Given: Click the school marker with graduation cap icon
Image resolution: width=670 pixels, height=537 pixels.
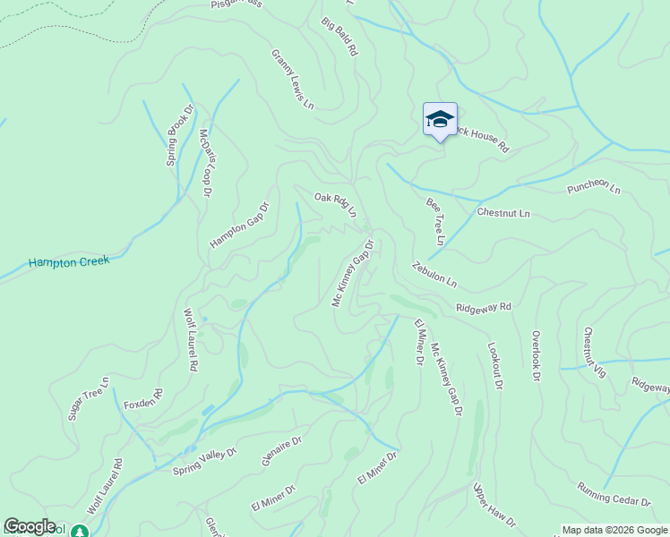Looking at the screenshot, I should coord(440,119).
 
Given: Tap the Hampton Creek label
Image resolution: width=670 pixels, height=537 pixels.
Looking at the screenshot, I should coord(68,262).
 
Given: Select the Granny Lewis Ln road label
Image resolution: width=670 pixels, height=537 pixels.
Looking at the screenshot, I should coord(293,80).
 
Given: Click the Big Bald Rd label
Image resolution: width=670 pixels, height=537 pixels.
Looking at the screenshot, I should coord(339,37).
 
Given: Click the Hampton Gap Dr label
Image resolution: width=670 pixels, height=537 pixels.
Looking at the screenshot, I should coord(239,225).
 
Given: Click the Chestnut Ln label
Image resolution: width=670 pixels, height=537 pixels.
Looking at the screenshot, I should coord(503,213).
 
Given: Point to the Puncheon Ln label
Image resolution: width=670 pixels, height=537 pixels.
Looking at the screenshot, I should coord(593,189).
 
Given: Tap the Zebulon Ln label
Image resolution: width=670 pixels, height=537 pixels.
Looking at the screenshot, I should coord(434,274).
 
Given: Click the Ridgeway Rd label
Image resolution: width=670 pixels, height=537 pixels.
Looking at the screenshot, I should coord(483,307).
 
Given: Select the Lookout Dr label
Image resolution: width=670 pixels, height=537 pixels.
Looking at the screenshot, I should coord(495,365).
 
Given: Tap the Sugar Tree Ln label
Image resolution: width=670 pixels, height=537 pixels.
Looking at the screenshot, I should coord(88,399).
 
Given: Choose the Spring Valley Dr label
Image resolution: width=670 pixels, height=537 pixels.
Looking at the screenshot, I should coord(204,461).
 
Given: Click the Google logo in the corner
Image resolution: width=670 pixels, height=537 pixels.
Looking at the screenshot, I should coord(30,526).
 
